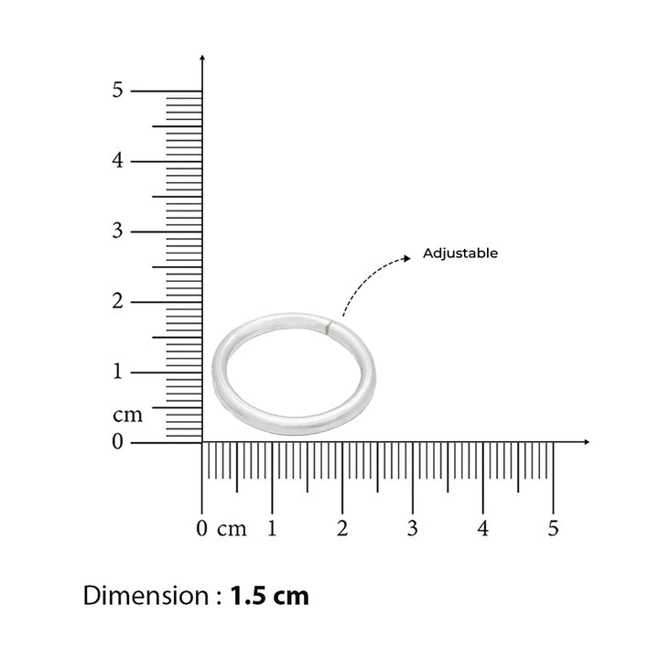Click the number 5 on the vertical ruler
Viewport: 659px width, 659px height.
coord(118,90)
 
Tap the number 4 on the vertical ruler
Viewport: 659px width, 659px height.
coord(118,160)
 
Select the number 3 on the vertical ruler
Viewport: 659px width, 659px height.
coord(118,231)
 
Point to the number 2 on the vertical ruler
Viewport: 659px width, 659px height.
coord(118,301)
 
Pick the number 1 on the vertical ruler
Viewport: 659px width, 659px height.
coord(118,371)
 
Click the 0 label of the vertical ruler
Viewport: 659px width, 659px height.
coord(118,441)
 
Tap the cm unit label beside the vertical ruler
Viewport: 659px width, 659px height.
coord(128,416)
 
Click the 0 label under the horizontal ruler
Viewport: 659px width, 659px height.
coord(201,528)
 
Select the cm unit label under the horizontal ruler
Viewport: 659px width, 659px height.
coord(232,530)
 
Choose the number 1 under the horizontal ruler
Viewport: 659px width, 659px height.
coord(272,528)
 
